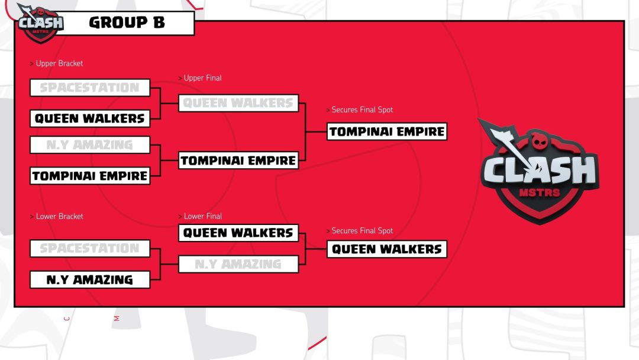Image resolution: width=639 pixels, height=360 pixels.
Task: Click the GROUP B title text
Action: (127, 23)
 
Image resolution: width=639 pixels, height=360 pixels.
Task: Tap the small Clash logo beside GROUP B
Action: (40, 23)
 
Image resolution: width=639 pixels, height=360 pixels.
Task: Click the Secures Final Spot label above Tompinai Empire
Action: (362, 110)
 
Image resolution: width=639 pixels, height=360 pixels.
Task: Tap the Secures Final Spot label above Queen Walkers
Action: (362, 230)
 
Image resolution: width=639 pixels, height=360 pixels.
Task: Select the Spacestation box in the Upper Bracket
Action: (90, 88)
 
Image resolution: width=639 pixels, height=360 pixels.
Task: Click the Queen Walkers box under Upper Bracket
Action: (90, 118)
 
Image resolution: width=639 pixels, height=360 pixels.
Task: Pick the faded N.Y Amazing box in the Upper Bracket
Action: (90, 144)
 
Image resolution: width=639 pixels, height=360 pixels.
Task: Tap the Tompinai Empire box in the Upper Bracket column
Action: (90, 176)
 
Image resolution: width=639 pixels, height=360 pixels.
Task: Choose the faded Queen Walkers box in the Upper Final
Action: (238, 103)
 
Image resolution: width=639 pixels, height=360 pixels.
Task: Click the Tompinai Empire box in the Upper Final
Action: (238, 160)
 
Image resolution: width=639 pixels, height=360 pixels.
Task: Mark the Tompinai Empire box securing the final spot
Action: (387, 131)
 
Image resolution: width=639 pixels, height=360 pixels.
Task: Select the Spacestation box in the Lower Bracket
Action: (90, 249)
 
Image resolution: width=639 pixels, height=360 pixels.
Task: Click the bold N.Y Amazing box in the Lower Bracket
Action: (90, 279)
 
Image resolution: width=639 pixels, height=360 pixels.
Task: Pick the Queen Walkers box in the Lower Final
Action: (238, 233)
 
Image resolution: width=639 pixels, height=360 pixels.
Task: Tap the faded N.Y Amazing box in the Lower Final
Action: (238, 264)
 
